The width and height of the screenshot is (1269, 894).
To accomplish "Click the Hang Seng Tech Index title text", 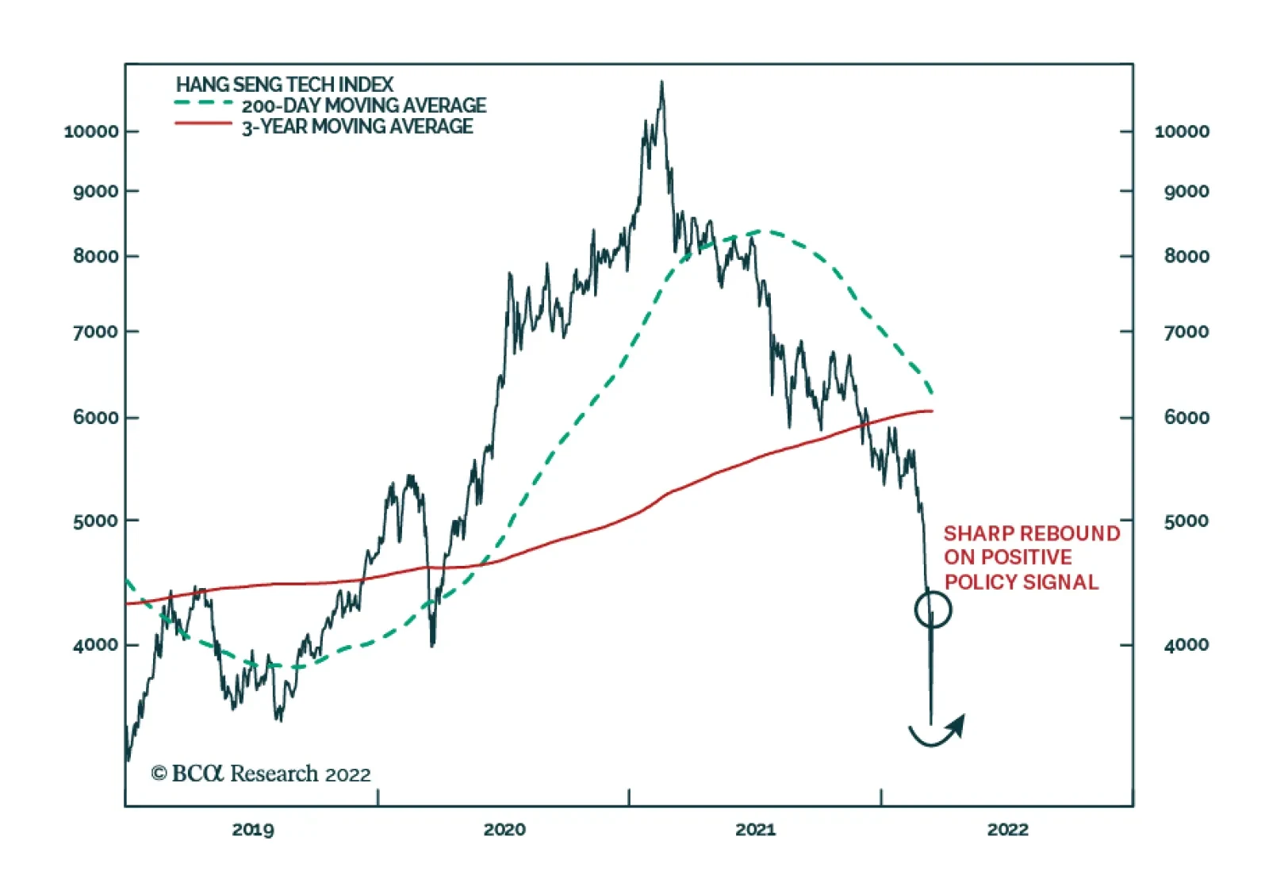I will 284,84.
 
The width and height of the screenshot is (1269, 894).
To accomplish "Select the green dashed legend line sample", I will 203,103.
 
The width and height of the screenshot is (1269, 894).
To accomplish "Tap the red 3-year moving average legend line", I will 203,124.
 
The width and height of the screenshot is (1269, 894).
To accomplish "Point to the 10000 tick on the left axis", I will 91,132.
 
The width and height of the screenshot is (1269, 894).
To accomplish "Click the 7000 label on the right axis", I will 1186,332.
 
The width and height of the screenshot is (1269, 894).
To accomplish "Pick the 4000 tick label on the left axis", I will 96,645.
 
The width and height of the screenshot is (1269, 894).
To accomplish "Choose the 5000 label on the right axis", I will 1186,521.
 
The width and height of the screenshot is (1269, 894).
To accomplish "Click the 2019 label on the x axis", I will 253,830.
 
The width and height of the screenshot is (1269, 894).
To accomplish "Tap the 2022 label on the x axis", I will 1007,830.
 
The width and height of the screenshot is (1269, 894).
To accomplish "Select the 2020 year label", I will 504,830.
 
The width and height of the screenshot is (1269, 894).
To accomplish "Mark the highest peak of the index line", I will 661,82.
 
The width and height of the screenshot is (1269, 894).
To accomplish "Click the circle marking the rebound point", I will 933,609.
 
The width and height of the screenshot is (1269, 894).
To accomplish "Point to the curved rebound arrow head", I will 959,722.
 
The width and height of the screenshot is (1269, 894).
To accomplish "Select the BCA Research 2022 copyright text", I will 261,774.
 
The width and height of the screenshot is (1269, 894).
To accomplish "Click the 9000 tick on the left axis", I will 96,192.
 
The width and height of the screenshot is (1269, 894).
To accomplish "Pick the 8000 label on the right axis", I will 1186,257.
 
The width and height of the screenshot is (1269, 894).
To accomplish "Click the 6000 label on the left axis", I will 96,418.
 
